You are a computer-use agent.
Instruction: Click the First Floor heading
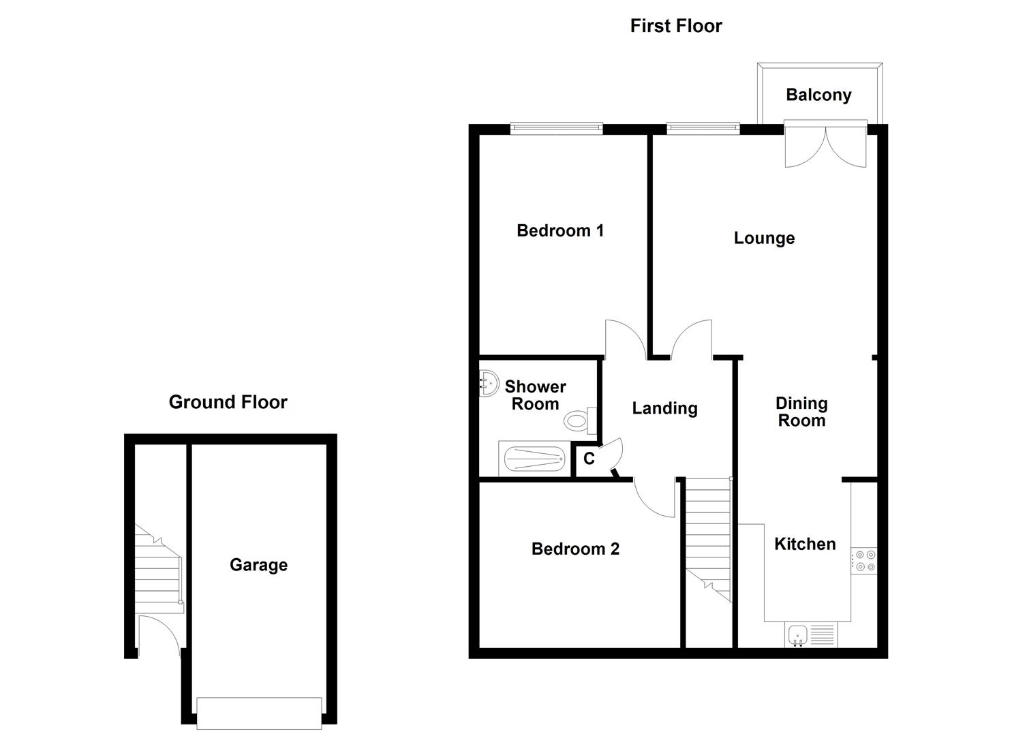point(675,26)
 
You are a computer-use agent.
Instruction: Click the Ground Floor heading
point(228,402)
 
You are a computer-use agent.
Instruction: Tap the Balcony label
point(818,95)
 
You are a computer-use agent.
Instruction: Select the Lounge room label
point(763,238)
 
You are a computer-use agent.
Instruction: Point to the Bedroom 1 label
point(559,230)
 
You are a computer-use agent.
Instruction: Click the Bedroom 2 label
point(575,549)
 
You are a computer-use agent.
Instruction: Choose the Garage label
point(258,565)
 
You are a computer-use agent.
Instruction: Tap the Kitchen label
point(804,544)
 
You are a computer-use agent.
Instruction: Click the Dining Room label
point(801,412)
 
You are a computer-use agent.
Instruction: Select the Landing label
point(664,408)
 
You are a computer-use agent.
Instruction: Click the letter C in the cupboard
point(589,459)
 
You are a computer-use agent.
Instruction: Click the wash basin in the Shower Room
point(488,383)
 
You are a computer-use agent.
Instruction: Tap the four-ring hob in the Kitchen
point(865,561)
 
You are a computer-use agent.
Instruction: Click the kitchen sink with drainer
point(810,636)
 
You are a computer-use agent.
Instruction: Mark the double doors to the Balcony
point(825,144)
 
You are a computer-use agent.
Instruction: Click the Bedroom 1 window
point(557,127)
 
